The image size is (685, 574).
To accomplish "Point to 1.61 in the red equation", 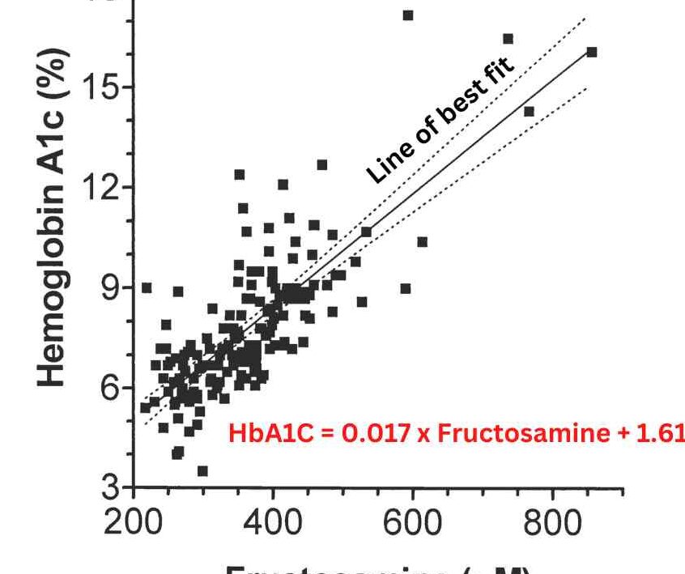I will [x=662, y=433].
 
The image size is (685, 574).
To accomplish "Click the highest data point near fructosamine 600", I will [x=408, y=15].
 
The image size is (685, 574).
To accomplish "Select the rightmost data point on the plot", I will [x=592, y=52].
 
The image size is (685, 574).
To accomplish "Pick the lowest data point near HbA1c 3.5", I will [x=202, y=471].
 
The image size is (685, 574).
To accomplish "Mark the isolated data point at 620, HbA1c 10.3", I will [x=422, y=242].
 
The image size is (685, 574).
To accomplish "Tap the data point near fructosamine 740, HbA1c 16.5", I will [x=508, y=39].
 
